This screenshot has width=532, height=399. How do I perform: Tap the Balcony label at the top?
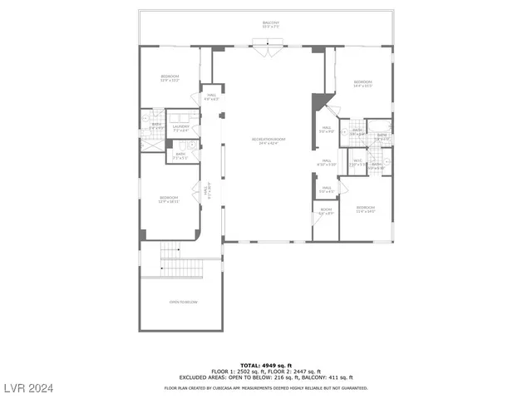tap(271, 25)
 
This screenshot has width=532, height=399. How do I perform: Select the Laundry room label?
tap(180, 128)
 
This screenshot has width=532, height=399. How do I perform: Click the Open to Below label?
tap(183, 302)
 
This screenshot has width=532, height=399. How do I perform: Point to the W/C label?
tap(357, 162)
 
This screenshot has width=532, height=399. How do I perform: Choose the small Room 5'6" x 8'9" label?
tap(326, 211)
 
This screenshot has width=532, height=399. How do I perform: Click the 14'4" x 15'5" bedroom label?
tap(362, 83)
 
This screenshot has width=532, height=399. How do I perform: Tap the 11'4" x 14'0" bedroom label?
tap(366, 209)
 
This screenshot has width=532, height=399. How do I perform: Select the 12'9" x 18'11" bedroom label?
tap(169, 199)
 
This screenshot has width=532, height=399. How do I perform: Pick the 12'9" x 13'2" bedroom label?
tap(170, 79)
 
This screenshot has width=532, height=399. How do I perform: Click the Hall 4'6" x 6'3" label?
tap(211, 97)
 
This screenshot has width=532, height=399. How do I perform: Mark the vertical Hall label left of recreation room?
tap(209, 192)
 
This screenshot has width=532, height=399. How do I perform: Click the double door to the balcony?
tap(266, 52)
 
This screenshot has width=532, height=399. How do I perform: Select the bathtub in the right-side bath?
tap(382, 135)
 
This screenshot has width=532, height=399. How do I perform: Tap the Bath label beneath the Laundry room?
tap(180, 154)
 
